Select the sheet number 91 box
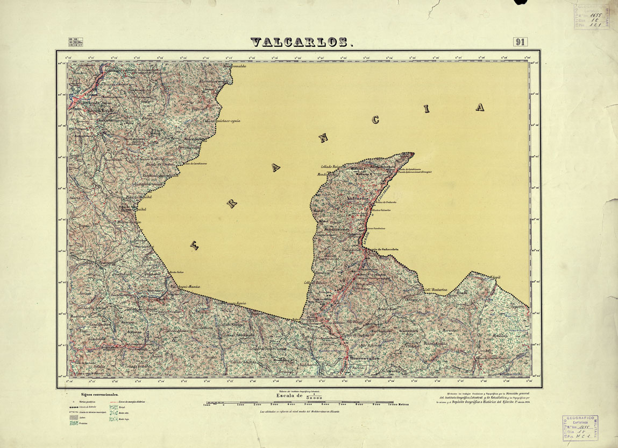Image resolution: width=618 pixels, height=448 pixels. click(x=520, y=42)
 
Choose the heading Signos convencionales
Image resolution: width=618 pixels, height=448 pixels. click(x=96, y=395)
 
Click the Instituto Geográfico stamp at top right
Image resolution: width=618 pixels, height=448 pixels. click(x=591, y=16)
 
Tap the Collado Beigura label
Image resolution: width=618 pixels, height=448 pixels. click(x=331, y=167)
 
